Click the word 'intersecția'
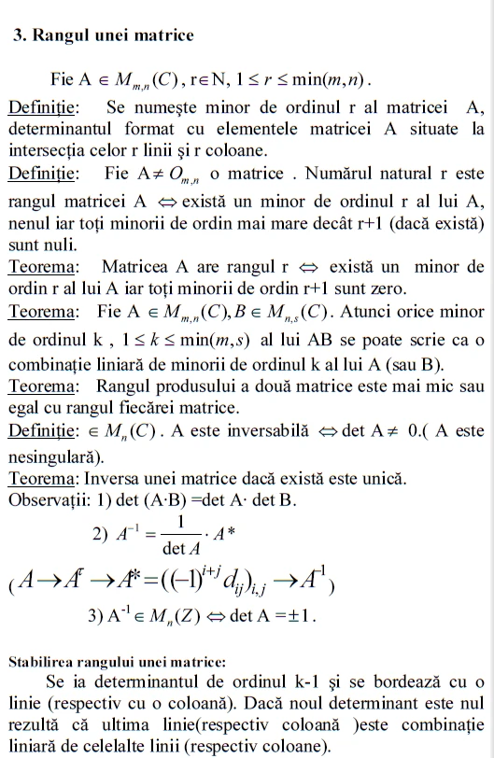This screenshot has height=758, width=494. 49,150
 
